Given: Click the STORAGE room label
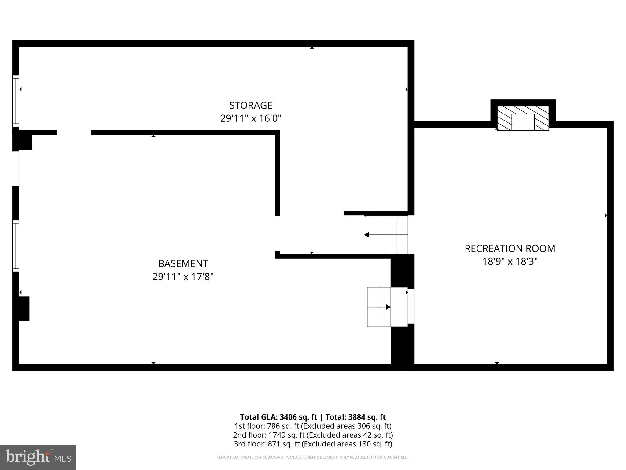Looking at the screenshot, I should tap(251, 105).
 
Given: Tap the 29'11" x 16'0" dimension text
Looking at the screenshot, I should tap(251, 118).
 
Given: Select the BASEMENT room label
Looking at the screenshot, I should tap(183, 263).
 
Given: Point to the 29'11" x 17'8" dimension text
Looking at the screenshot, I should tap(183, 277).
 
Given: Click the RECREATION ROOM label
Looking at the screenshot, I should tap(510, 248).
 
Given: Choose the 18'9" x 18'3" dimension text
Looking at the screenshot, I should tap(510, 262).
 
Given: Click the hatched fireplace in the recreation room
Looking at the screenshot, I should tap(523, 118).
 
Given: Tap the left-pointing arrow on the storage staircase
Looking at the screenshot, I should tap(366, 235).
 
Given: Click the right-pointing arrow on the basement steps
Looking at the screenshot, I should tap(388, 307).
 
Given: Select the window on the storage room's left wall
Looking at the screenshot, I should tap(16, 101).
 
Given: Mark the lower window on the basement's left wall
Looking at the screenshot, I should tap(16, 246).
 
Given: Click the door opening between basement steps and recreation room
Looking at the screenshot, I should tap(411, 306).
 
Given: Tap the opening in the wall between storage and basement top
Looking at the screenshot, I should tap(74, 132).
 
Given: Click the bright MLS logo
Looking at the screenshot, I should tap(38, 457).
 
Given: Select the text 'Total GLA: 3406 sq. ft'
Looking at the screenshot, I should tap(278, 417).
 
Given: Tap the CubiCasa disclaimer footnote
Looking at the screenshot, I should tap(313, 457).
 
